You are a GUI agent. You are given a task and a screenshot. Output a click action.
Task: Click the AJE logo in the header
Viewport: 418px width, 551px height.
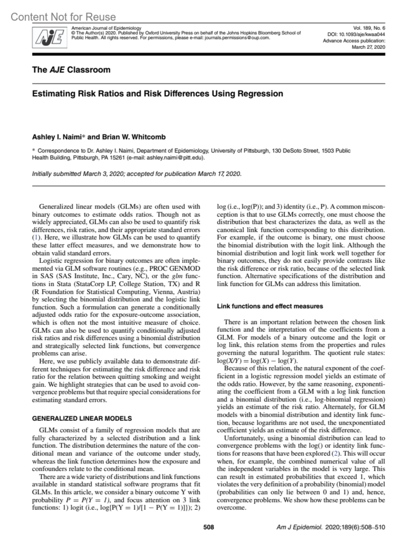(x=49, y=37)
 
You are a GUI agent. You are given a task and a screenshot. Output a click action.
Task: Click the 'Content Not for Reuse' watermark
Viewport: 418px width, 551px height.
(x=63, y=17)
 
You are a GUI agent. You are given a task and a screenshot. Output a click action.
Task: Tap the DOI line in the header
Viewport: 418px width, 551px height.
(x=356, y=34)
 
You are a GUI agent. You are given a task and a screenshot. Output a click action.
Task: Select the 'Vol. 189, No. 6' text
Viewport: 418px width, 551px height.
(x=369, y=28)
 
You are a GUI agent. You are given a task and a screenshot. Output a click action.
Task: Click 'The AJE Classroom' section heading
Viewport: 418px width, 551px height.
(x=71, y=70)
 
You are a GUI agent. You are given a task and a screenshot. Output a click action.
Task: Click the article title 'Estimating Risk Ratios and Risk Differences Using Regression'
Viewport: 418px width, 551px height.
(x=157, y=94)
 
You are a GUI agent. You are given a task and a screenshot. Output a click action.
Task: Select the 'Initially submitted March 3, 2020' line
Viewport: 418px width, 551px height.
(x=136, y=173)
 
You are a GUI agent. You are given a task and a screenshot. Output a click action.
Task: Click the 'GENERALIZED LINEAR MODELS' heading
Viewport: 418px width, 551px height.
(x=82, y=418)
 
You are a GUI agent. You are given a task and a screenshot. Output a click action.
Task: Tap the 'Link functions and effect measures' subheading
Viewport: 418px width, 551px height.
(x=270, y=306)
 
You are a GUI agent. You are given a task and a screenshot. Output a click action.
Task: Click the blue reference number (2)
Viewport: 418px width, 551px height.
(x=335, y=453)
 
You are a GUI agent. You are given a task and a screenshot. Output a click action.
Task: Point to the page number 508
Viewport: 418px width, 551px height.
(x=209, y=527)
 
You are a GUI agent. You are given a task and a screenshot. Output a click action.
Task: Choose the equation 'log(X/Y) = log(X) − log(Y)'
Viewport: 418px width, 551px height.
(x=257, y=360)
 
